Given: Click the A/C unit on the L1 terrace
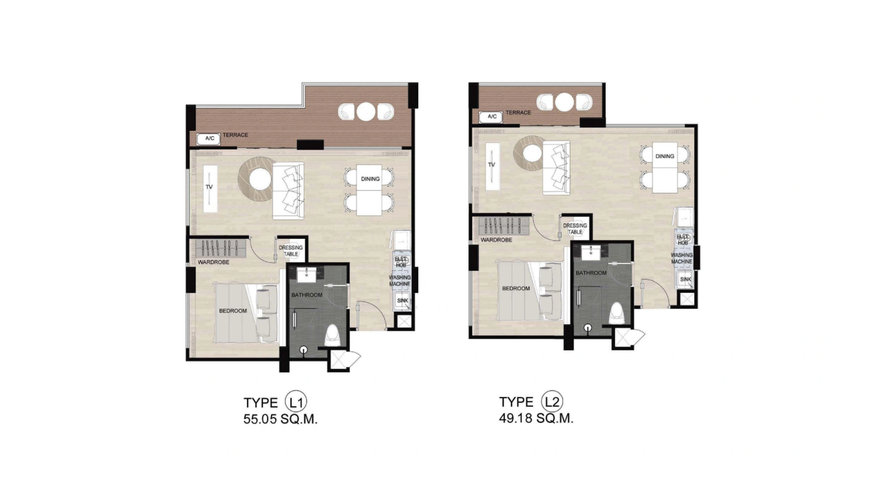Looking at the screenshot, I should point(209,139).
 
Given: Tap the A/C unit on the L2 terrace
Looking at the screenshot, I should point(491,117).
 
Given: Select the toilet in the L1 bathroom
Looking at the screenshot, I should point(332,336).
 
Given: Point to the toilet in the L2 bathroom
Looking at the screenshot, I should point(616,313).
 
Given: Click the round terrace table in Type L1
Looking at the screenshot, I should point(365,111).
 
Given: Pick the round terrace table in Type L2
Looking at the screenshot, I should point(564,102).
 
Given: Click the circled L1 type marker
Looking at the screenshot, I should point(296,402).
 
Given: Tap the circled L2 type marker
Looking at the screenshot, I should point(552,402).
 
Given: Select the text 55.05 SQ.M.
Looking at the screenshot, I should point(280,419).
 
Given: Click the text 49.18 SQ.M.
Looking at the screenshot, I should point(536,418).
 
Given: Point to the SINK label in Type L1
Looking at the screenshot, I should point(402,301).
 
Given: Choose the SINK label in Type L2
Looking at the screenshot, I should point(685,279).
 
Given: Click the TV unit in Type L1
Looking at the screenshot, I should point(210,188).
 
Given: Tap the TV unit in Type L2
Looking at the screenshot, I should point(492,166).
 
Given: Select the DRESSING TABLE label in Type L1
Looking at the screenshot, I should point(291,251).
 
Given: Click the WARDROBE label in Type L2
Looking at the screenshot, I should point(496,240).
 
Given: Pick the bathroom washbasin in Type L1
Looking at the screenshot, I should point(306,273).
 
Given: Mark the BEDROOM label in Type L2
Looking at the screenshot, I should point(516,288).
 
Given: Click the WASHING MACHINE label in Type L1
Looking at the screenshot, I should point(400,280).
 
